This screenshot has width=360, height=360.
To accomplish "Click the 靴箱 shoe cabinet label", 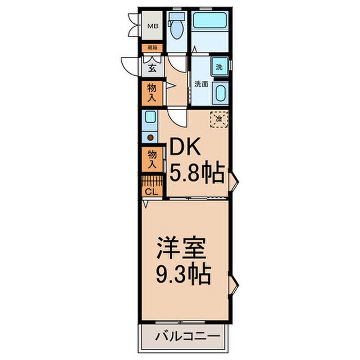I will pos(153,48).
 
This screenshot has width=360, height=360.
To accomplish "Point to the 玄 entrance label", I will pos(153,67).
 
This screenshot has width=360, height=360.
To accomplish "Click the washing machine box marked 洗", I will pos(219,67).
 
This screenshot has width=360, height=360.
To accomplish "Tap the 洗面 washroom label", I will pos(201,84).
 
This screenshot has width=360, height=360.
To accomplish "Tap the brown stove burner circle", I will pos(150,138).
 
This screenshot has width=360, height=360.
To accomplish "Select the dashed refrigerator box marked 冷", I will pos(219,119).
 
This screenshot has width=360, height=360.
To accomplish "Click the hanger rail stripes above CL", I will pos(152,182).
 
